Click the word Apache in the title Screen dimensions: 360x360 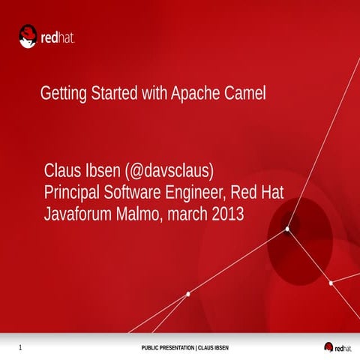click(197, 95)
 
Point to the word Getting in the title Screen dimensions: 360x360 click(63, 95)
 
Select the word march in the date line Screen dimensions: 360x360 click(187, 213)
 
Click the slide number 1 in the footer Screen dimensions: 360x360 click(19, 348)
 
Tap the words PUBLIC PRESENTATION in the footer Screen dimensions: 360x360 click(167, 349)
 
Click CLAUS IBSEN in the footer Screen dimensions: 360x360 click(212, 349)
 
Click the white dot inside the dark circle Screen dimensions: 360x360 click(287, 229)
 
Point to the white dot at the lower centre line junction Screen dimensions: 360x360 click(187, 294)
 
